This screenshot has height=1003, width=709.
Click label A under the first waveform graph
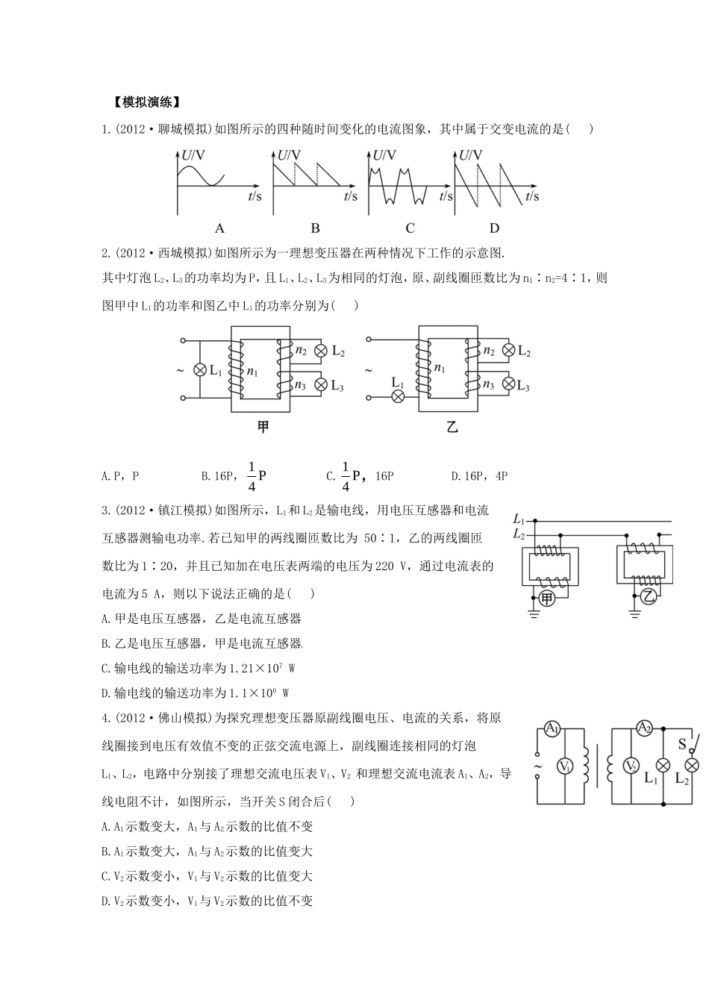[x=219, y=228]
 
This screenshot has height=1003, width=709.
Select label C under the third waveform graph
[x=410, y=228]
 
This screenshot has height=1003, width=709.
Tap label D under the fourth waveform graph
[x=494, y=228]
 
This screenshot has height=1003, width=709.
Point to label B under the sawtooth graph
[x=315, y=228]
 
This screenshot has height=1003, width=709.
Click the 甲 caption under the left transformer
[x=263, y=428]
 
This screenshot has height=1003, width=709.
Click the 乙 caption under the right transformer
[x=452, y=428]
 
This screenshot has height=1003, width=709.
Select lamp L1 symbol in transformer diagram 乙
[x=399, y=397]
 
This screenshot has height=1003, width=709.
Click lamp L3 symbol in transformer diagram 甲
[x=321, y=384]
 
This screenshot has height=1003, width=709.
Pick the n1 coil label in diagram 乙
[x=440, y=368]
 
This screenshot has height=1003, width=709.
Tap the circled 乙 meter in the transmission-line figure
[x=649, y=595]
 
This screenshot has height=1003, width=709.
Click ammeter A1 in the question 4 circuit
[x=552, y=729]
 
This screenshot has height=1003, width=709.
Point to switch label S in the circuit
[x=681, y=744]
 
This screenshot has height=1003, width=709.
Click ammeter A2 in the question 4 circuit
[x=645, y=728]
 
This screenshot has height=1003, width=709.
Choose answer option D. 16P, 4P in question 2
[x=479, y=476]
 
